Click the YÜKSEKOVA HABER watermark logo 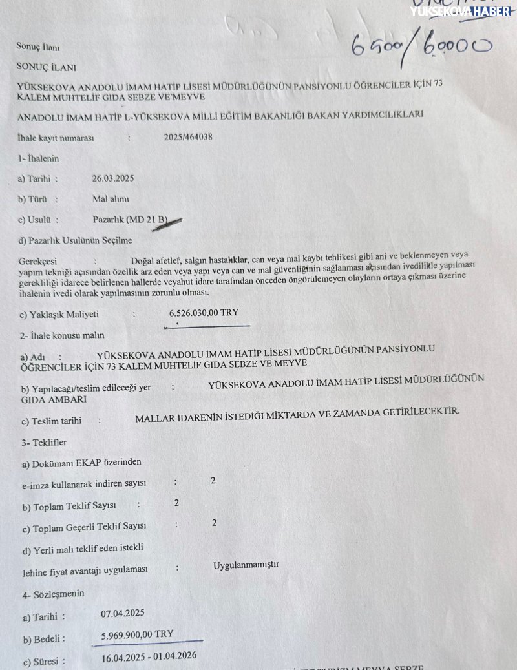pos(460,10)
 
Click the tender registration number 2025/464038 pos(188,137)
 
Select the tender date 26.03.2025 pos(113,178)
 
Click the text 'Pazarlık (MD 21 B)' pos(130,220)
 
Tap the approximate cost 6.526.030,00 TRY pos(204,313)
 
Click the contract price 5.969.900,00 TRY pos(137,635)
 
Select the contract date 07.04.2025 pos(123,613)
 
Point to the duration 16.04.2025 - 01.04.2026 pos(149,658)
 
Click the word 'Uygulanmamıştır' pos(246,565)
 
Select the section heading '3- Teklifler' pos(43,443)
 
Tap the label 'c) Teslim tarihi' pos(51,421)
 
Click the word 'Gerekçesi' pos(37,261)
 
